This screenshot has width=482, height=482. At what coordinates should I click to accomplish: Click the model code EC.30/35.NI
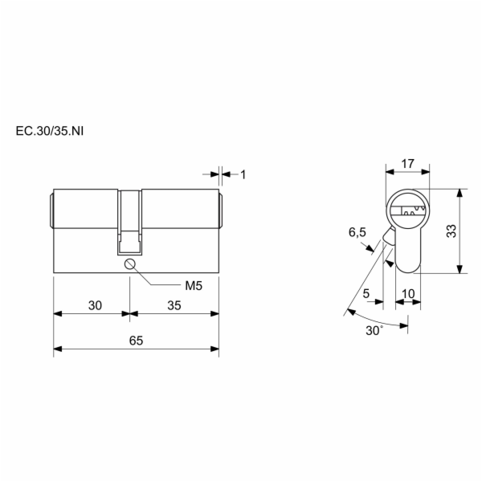(50, 131)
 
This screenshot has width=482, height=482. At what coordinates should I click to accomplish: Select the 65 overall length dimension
(137, 341)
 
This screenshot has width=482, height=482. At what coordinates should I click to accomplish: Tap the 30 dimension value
(95, 305)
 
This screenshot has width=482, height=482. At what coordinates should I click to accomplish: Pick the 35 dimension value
(174, 305)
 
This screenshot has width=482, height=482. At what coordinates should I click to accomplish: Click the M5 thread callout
(194, 286)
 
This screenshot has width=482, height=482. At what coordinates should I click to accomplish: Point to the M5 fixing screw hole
(129, 264)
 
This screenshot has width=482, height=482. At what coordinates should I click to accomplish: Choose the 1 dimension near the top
(243, 175)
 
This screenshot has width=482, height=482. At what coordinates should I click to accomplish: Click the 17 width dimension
(408, 164)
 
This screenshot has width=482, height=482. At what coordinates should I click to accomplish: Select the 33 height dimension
(451, 231)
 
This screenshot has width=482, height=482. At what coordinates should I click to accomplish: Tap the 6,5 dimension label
(357, 232)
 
